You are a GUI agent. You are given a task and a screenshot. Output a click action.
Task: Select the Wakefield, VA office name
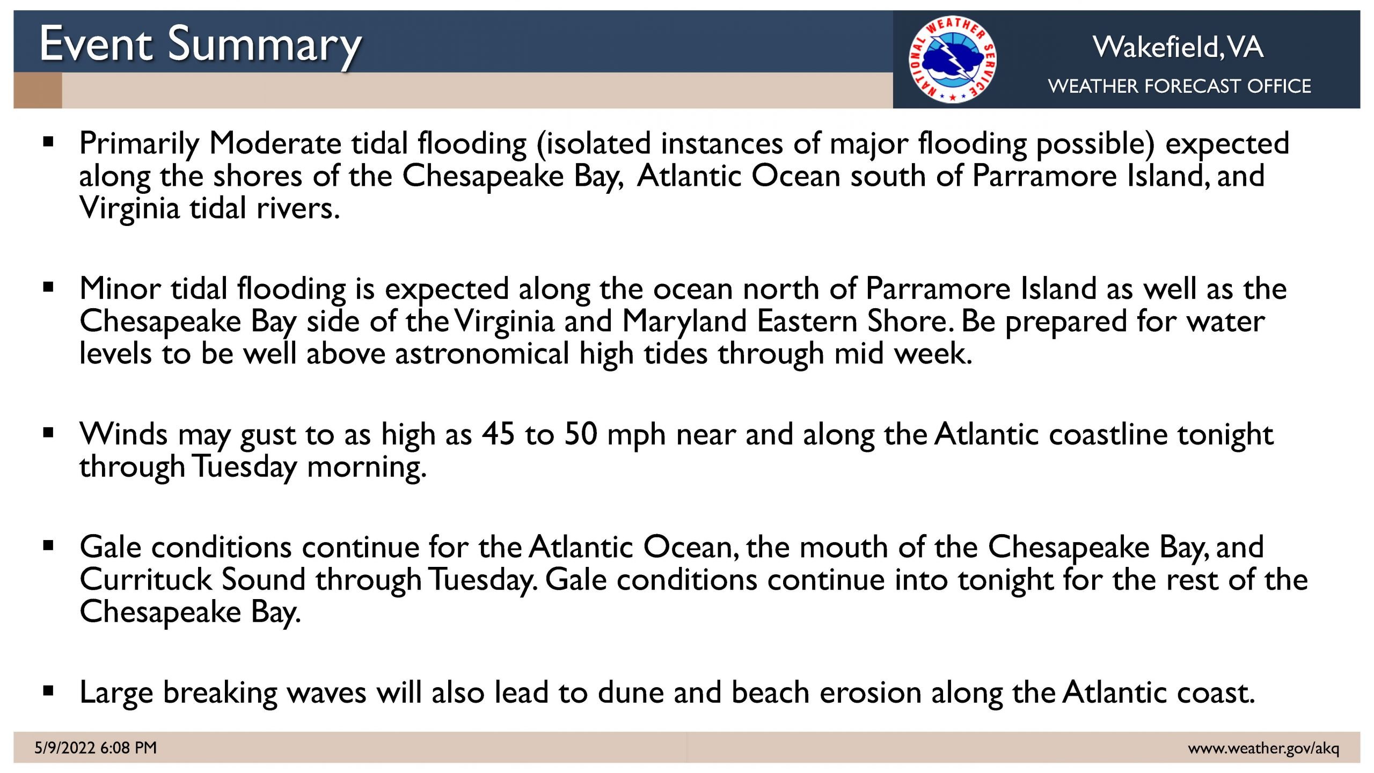pyautogui.click(x=1178, y=47)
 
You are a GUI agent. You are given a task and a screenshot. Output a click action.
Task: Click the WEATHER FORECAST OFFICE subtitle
pyautogui.click(x=1179, y=86)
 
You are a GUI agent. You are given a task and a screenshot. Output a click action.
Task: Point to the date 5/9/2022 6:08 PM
pyautogui.click(x=96, y=747)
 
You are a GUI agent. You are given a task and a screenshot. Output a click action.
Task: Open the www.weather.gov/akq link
pyautogui.click(x=1263, y=748)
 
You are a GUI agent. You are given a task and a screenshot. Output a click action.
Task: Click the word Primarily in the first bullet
pyautogui.click(x=140, y=144)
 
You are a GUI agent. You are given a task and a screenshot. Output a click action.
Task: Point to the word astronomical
pyautogui.click(x=481, y=354)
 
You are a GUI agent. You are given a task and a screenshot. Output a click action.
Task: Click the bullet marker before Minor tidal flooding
pyautogui.click(x=49, y=288)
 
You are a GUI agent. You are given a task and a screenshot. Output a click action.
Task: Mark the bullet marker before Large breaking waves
pyautogui.click(x=49, y=691)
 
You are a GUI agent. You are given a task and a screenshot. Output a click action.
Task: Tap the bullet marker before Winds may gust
pyautogui.click(x=49, y=433)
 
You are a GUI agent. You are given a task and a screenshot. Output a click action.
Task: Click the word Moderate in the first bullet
pyautogui.click(x=275, y=143)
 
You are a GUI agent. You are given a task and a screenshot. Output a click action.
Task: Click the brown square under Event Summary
pyautogui.click(x=38, y=90)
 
